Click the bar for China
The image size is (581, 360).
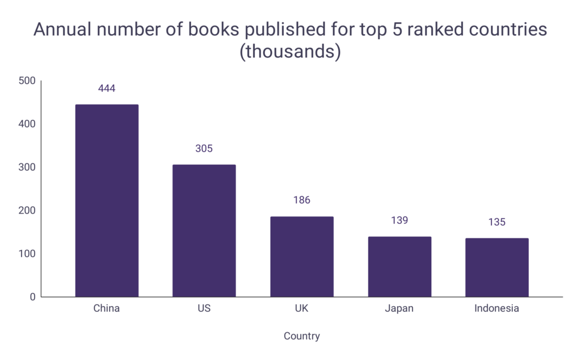coord(107,200)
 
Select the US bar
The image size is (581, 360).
coord(204,231)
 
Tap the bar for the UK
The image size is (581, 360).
coord(302,257)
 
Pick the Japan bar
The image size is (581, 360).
coord(399,266)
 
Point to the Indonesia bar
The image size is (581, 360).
coord(496,267)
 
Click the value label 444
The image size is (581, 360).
coord(107,89)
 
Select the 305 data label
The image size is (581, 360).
coord(204,149)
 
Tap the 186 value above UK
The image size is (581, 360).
coord(302,200)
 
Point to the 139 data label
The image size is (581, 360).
coord(399,220)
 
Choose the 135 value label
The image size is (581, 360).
coord(496,222)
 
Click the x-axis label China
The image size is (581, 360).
coord(107,309)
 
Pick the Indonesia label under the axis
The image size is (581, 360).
coord(496,309)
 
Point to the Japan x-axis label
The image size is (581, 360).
coord(399,309)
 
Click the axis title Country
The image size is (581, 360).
coord(302,336)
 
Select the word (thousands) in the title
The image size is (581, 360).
coord(290,52)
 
